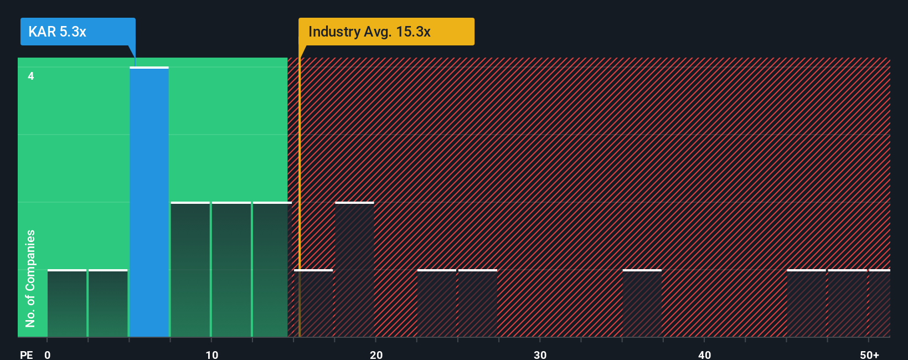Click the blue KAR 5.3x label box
[78, 32]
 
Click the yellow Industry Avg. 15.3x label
[386, 32]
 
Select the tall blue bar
[149, 202]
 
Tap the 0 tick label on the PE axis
[48, 354]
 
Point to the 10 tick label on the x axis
[211, 354]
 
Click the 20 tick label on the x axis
[376, 354]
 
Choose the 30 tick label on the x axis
[540, 354]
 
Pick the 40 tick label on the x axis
[704, 354]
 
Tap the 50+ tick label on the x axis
[869, 354]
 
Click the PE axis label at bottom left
[26, 354]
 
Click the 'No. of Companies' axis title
[30, 278]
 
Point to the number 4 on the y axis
[31, 76]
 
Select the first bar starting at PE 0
[67, 304]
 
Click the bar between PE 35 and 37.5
[642, 304]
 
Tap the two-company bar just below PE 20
[354, 270]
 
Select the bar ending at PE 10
[190, 270]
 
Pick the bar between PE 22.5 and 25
[436, 304]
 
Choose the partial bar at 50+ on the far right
[880, 304]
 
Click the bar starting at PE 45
[806, 304]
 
